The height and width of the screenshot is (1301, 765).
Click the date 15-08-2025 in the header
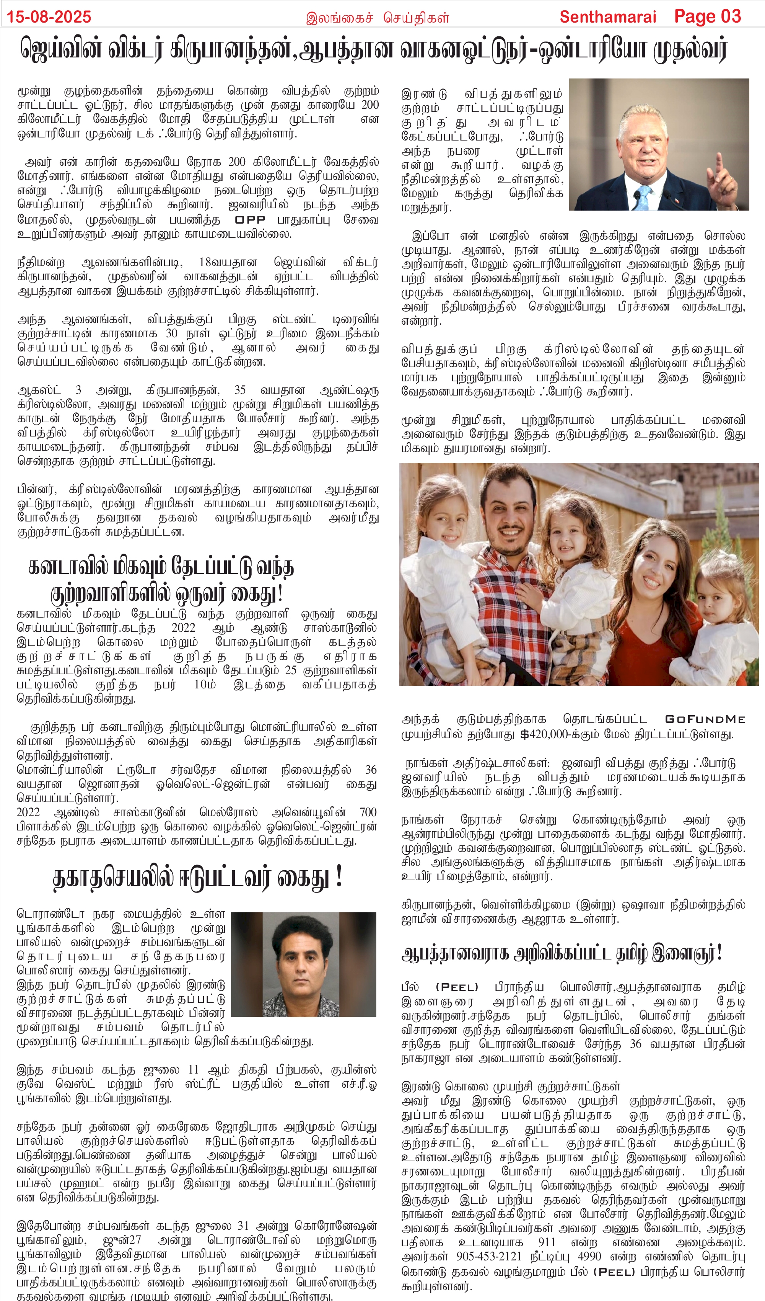click(49, 16)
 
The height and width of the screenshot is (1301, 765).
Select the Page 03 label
click(707, 16)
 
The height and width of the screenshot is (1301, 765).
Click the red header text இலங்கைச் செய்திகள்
click(378, 18)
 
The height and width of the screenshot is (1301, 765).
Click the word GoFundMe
click(705, 719)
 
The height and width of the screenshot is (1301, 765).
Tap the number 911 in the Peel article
click(547, 1242)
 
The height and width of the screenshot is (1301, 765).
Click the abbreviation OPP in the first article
click(250, 220)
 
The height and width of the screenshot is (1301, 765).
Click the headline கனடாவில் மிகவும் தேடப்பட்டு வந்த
click(161, 567)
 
